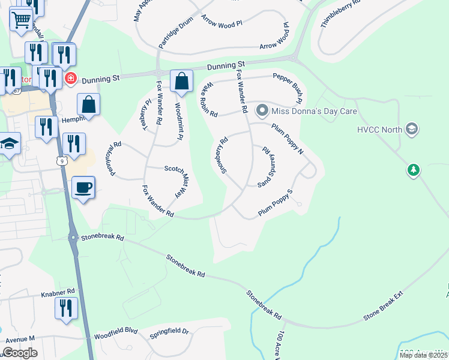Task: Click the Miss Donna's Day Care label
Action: click(x=314, y=111)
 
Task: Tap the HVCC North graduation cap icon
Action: click(x=411, y=129)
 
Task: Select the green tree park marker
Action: click(x=413, y=170)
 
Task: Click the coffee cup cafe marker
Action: click(x=83, y=187)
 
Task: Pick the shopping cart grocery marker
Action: click(x=21, y=20)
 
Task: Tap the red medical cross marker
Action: click(x=71, y=78)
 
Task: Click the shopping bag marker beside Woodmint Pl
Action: click(x=181, y=82)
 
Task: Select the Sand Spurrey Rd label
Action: click(x=268, y=167)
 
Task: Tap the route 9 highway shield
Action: click(x=62, y=160)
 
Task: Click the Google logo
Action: click(x=20, y=353)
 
